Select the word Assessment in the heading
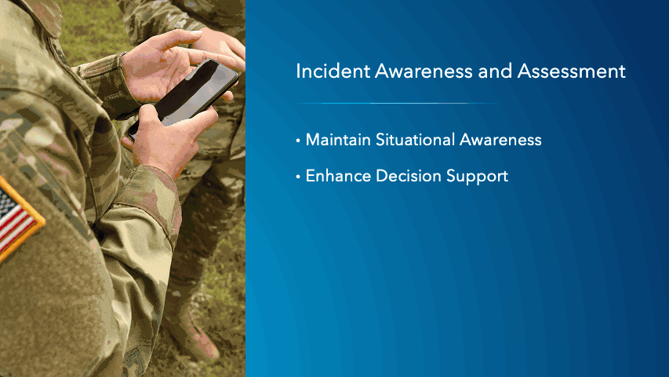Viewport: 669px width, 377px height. point(572,71)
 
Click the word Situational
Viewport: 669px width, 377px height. point(413,141)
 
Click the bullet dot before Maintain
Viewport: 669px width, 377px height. point(298,141)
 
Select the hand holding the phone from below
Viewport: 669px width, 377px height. point(169,137)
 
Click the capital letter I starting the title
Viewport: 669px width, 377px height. point(298,71)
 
